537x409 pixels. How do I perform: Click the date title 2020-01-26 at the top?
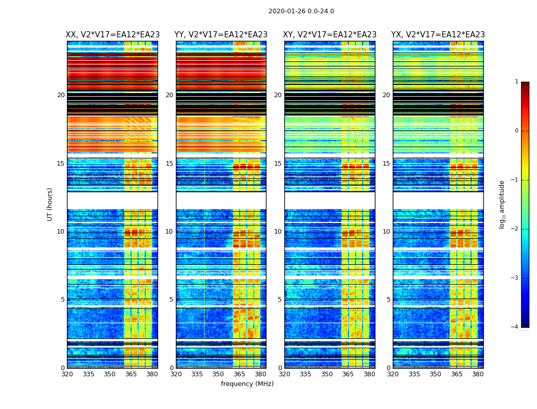[x=301, y=11]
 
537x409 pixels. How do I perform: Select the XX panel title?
[x=113, y=35]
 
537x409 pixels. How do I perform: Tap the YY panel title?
[x=221, y=35]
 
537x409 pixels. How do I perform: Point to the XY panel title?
[x=330, y=35]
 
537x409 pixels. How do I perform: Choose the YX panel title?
[x=438, y=35]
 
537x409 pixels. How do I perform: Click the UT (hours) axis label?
[x=50, y=204]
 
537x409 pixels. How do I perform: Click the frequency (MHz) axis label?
[x=247, y=384]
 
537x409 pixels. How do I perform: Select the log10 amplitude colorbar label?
[x=502, y=204]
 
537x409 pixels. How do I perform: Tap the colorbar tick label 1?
[x=517, y=82]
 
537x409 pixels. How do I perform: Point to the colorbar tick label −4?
[x=515, y=327]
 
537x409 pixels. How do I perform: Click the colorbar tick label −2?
[x=515, y=229]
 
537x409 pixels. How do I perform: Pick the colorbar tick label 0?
[x=517, y=131]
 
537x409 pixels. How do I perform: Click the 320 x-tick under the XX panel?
[x=67, y=374]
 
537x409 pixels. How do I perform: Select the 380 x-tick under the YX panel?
[x=478, y=374]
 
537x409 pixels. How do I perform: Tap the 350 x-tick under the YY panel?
[x=218, y=374]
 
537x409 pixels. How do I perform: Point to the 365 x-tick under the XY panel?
[x=348, y=374]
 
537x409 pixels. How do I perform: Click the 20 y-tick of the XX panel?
[x=61, y=95]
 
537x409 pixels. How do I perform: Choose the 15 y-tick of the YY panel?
[x=169, y=164]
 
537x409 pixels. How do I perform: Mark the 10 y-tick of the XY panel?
[x=278, y=232]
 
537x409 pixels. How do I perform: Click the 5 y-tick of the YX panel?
[x=389, y=300]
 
